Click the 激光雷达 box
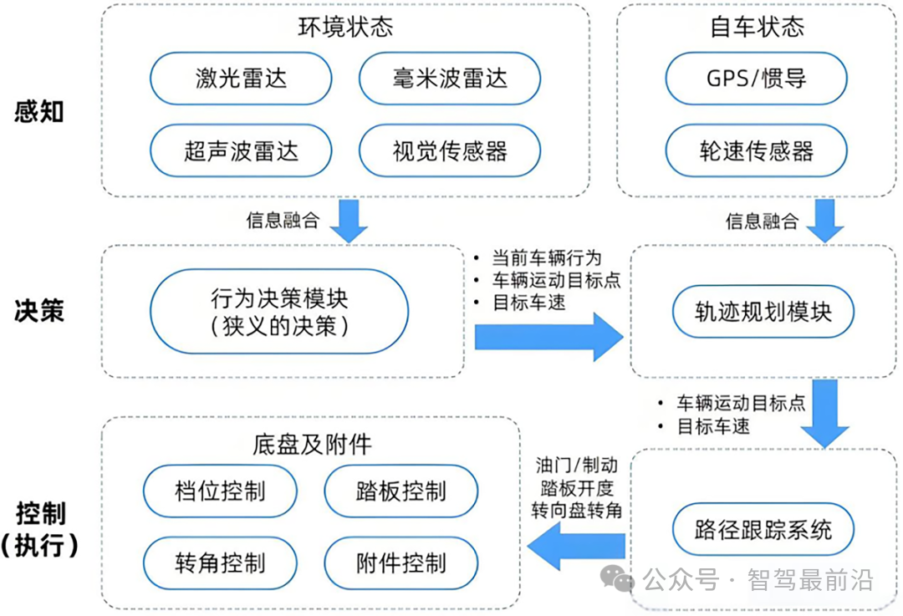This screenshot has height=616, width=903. [241, 79]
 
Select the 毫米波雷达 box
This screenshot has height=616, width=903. [450, 79]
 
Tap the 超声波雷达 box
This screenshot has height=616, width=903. [241, 150]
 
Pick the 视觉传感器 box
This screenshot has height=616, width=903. [450, 150]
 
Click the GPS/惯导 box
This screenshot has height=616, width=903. [757, 79]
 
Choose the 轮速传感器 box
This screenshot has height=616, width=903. [757, 150]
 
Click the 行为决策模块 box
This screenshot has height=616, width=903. [279, 312]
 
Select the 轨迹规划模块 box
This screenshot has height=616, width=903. [763, 312]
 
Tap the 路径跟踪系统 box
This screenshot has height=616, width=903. [763, 529]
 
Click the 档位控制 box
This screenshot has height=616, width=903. [220, 491]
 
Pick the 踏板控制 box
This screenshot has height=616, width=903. [400, 491]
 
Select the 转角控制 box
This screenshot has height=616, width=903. [220, 563]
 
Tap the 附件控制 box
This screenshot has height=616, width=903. [400, 563]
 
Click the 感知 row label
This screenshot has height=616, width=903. [39, 112]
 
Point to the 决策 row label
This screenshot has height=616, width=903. [39, 311]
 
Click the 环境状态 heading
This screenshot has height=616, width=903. [345, 27]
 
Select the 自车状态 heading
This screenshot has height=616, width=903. [756, 27]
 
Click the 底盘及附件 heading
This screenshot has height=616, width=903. [311, 443]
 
